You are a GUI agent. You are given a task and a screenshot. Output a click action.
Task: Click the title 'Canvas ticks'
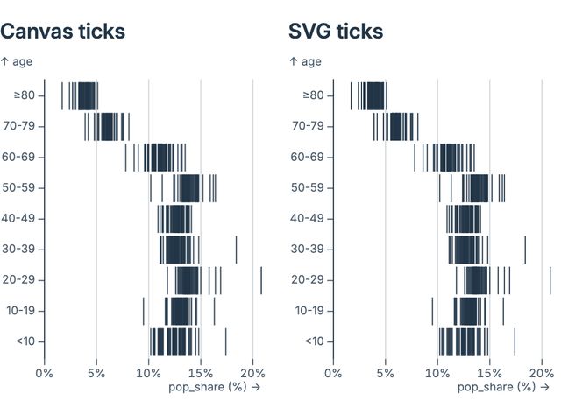(62, 32)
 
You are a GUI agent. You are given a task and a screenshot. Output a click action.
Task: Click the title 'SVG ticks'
(336, 32)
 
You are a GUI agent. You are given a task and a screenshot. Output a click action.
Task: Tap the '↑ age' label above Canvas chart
(18, 61)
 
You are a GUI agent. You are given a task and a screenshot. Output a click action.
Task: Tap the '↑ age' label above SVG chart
(306, 61)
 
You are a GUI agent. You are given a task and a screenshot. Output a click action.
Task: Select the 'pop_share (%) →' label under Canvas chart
(214, 386)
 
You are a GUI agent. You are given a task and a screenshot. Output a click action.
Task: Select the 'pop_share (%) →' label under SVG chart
(502, 386)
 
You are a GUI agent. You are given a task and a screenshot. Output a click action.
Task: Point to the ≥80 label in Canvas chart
(22, 95)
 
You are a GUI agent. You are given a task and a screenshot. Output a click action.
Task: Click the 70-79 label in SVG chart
(307, 126)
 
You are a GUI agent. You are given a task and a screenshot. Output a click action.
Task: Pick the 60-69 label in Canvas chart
(18, 157)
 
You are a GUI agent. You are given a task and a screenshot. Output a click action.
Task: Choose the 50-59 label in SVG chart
(307, 187)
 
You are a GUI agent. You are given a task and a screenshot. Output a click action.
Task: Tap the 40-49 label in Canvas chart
(18, 218)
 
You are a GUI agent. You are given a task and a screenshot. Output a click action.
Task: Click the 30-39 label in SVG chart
(307, 249)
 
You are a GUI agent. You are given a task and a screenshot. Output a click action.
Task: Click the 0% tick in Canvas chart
(44, 371)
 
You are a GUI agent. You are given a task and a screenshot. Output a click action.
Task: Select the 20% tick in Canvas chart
(252, 371)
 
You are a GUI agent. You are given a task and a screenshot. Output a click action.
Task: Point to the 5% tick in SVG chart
(385, 371)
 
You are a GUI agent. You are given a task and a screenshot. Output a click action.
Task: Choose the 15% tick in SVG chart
(489, 371)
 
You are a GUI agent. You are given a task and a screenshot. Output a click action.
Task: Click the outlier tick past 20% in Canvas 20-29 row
(261, 280)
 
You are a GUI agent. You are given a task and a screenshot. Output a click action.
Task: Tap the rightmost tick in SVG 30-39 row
(524, 250)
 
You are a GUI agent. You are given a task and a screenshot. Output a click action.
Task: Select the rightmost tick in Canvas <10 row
(225, 341)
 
